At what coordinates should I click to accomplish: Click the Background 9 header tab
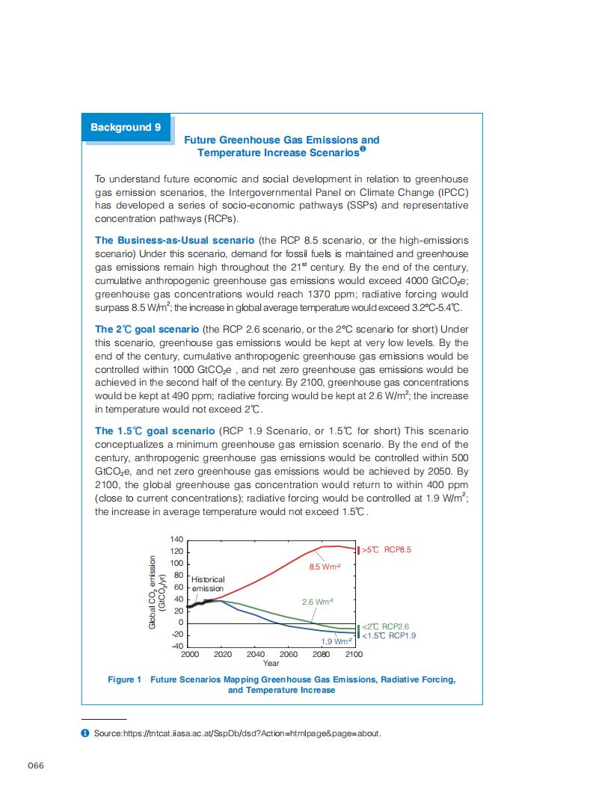(x=126, y=127)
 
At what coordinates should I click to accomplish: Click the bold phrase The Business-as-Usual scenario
(x=175, y=240)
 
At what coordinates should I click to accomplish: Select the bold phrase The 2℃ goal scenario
(x=147, y=329)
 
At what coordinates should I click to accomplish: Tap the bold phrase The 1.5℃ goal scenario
(x=154, y=431)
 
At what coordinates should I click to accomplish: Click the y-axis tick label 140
(x=176, y=539)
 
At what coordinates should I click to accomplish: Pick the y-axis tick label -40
(x=176, y=646)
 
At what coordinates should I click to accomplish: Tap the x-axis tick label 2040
(x=255, y=654)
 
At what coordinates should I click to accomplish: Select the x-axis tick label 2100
(x=353, y=654)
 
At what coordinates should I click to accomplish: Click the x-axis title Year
(x=271, y=663)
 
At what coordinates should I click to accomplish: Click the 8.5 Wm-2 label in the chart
(x=325, y=567)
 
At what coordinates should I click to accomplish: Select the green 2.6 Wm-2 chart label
(x=317, y=602)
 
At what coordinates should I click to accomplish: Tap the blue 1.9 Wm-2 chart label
(x=336, y=641)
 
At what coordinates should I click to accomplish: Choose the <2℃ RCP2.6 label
(x=385, y=626)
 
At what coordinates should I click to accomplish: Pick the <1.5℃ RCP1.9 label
(x=388, y=635)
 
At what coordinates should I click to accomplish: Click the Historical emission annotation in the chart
(x=208, y=584)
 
